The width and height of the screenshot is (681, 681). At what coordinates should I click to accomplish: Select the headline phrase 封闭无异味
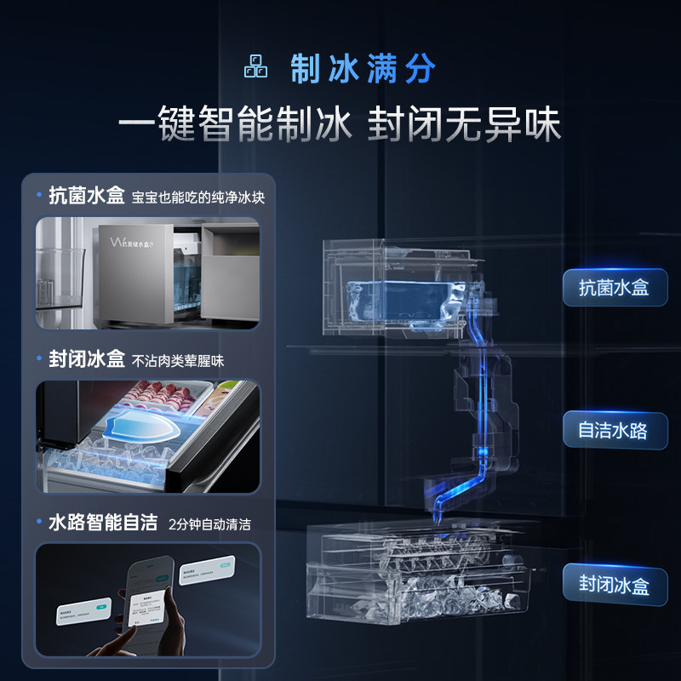click(x=464, y=126)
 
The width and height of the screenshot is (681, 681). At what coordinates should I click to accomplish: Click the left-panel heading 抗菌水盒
click(x=86, y=196)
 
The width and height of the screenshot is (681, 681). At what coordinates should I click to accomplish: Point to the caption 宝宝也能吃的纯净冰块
click(x=198, y=197)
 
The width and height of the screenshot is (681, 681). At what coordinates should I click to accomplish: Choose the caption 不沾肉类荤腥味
click(x=178, y=360)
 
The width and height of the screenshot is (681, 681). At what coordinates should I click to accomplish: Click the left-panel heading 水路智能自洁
click(x=103, y=522)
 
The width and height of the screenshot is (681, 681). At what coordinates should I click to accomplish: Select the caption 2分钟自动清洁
click(x=210, y=524)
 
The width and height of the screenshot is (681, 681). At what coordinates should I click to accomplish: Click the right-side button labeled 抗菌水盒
click(x=615, y=288)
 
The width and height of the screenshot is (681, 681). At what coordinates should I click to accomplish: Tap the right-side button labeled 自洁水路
click(x=614, y=430)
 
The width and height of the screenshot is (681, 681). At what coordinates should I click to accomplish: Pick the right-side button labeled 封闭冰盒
click(x=614, y=585)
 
